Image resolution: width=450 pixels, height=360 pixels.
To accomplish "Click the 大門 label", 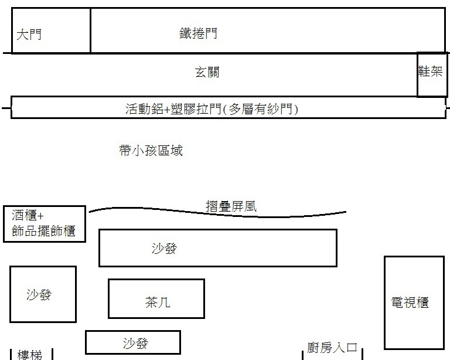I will click(x=29, y=35).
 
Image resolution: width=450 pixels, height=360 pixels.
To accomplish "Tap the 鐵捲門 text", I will click(x=198, y=33).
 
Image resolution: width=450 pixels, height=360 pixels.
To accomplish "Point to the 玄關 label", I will click(x=207, y=73).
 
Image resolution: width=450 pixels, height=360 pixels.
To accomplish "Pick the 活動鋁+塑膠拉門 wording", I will click(x=173, y=108).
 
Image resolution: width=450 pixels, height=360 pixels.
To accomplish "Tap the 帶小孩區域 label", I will click(x=151, y=151).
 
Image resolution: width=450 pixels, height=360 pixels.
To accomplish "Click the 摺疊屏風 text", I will click(x=231, y=206).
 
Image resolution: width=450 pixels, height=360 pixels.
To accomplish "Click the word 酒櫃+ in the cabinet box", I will click(x=28, y=215).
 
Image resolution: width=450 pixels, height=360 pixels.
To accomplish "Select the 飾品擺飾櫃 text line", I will click(x=43, y=230).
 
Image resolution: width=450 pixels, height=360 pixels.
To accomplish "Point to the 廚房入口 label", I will click(x=332, y=348).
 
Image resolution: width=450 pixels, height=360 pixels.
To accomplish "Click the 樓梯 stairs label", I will click(x=30, y=354).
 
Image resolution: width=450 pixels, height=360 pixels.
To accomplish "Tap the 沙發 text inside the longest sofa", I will click(x=164, y=248).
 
